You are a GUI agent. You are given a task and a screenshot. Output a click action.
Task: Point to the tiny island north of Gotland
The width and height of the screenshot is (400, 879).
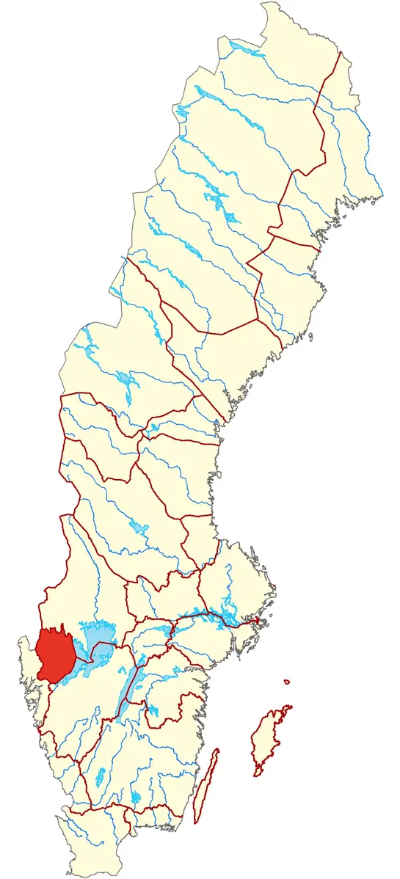coord(287,683)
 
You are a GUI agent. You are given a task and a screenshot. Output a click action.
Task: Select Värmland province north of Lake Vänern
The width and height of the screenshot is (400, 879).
coord(88,580)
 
